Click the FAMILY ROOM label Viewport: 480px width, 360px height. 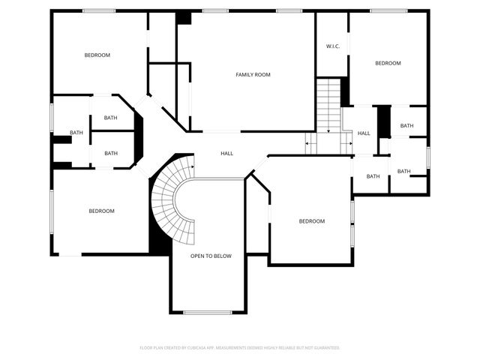click(x=253, y=74)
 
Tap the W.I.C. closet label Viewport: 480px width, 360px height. click(x=333, y=46)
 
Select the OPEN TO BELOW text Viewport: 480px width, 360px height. click(x=211, y=256)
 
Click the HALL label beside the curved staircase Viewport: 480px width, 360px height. click(x=226, y=153)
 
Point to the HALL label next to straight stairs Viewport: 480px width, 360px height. click(x=364, y=133)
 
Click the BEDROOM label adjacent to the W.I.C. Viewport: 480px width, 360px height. click(x=388, y=63)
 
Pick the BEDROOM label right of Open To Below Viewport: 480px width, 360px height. click(x=312, y=220)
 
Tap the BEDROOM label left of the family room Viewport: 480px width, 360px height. click(x=97, y=55)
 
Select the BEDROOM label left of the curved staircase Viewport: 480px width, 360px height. click(x=102, y=211)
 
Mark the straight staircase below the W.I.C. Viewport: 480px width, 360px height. click(x=328, y=105)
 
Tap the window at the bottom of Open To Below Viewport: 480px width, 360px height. click(x=207, y=312)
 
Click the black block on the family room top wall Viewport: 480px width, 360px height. click(x=184, y=18)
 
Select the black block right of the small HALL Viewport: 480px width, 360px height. click(x=383, y=122)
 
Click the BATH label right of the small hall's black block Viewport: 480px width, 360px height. click(x=406, y=125)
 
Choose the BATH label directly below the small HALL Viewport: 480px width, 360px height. click(x=373, y=177)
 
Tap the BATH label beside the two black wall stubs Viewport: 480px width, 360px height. click(x=76, y=133)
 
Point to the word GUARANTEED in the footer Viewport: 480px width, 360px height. click(x=324, y=348)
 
